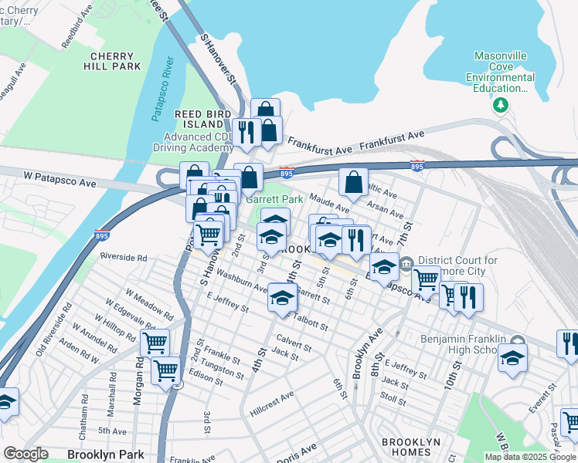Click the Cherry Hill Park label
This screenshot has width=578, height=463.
(116, 62)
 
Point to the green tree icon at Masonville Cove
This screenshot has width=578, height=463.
(503, 104)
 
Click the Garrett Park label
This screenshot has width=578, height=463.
(274, 199)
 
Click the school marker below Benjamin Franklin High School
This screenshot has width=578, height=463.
(512, 358)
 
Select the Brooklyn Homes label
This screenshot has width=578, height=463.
(411, 448)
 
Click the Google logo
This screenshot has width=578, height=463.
(25, 454)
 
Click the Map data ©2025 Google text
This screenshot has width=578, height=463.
(530, 457)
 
